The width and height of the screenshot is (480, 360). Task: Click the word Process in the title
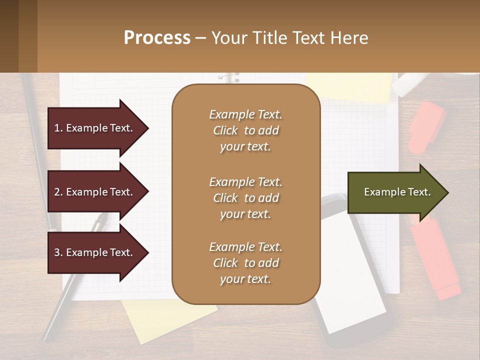pyautogui.click(x=157, y=37)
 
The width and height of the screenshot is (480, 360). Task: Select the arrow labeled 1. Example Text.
pyautogui.click(x=97, y=128)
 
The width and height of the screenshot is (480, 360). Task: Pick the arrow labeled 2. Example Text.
pyautogui.click(x=97, y=192)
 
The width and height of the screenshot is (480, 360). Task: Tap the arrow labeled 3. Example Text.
pyautogui.click(x=97, y=252)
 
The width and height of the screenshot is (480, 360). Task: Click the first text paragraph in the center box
pyautogui.click(x=245, y=130)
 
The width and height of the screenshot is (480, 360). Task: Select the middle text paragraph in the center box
pyautogui.click(x=245, y=197)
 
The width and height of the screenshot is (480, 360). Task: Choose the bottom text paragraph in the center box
pyautogui.click(x=245, y=263)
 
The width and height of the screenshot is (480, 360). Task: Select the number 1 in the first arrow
pyautogui.click(x=57, y=128)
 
